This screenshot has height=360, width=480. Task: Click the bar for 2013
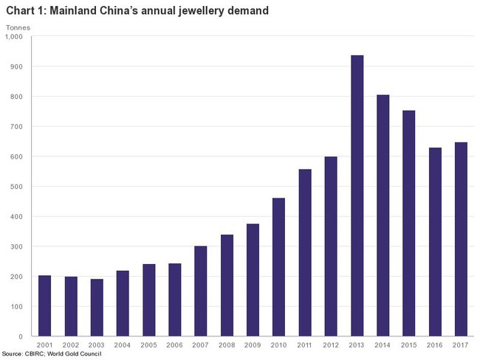click(357, 195)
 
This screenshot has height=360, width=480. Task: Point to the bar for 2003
click(97, 308)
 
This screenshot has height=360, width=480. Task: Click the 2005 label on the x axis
click(148, 345)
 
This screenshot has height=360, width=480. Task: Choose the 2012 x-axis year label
click(331, 345)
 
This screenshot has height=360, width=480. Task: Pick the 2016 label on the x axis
click(434, 345)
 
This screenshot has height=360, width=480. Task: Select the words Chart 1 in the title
click(24, 10)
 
